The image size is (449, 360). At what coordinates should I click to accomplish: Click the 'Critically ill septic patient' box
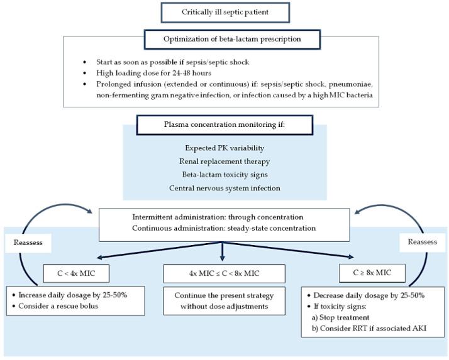tap(224, 12)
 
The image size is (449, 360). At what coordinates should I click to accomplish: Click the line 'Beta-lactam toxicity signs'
tap(224, 174)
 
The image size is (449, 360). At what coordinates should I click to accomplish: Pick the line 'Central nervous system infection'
tap(224, 188)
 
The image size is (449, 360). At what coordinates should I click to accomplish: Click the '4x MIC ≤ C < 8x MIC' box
tap(224, 273)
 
